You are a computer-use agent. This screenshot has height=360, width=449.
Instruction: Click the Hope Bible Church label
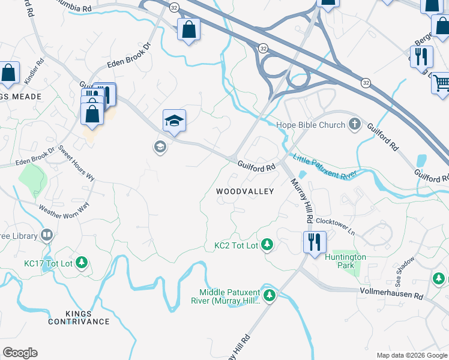coord(310,125)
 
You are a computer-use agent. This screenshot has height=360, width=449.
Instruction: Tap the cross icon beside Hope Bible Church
coord(355,125)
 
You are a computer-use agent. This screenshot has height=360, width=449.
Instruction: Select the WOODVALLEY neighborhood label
coord(245,191)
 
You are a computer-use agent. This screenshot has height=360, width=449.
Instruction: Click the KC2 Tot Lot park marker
coord(268,245)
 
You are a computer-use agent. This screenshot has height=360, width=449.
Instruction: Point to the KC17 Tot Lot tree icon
coord(82,263)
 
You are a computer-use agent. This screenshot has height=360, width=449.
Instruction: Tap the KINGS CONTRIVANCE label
coord(79,317)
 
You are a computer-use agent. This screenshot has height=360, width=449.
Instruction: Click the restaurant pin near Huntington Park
coord(315,242)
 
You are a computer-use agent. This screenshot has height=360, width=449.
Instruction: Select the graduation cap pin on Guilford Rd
coord(174,121)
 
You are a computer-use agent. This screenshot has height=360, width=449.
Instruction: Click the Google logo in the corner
coord(20,353)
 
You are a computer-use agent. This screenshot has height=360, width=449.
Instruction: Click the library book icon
coord(46,235)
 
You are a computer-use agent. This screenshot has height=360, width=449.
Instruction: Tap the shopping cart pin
coord(441,82)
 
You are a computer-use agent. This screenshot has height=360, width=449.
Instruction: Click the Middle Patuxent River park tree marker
coord(270,295)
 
